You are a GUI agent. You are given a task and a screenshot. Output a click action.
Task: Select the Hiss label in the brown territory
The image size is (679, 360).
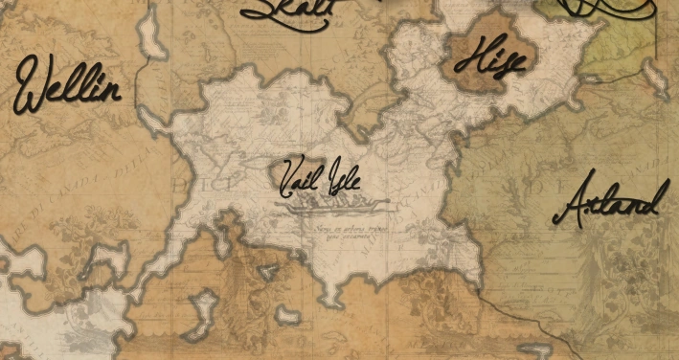tap(488, 60)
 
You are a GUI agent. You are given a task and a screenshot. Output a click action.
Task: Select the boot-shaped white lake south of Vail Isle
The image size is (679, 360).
tap(204, 310)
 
